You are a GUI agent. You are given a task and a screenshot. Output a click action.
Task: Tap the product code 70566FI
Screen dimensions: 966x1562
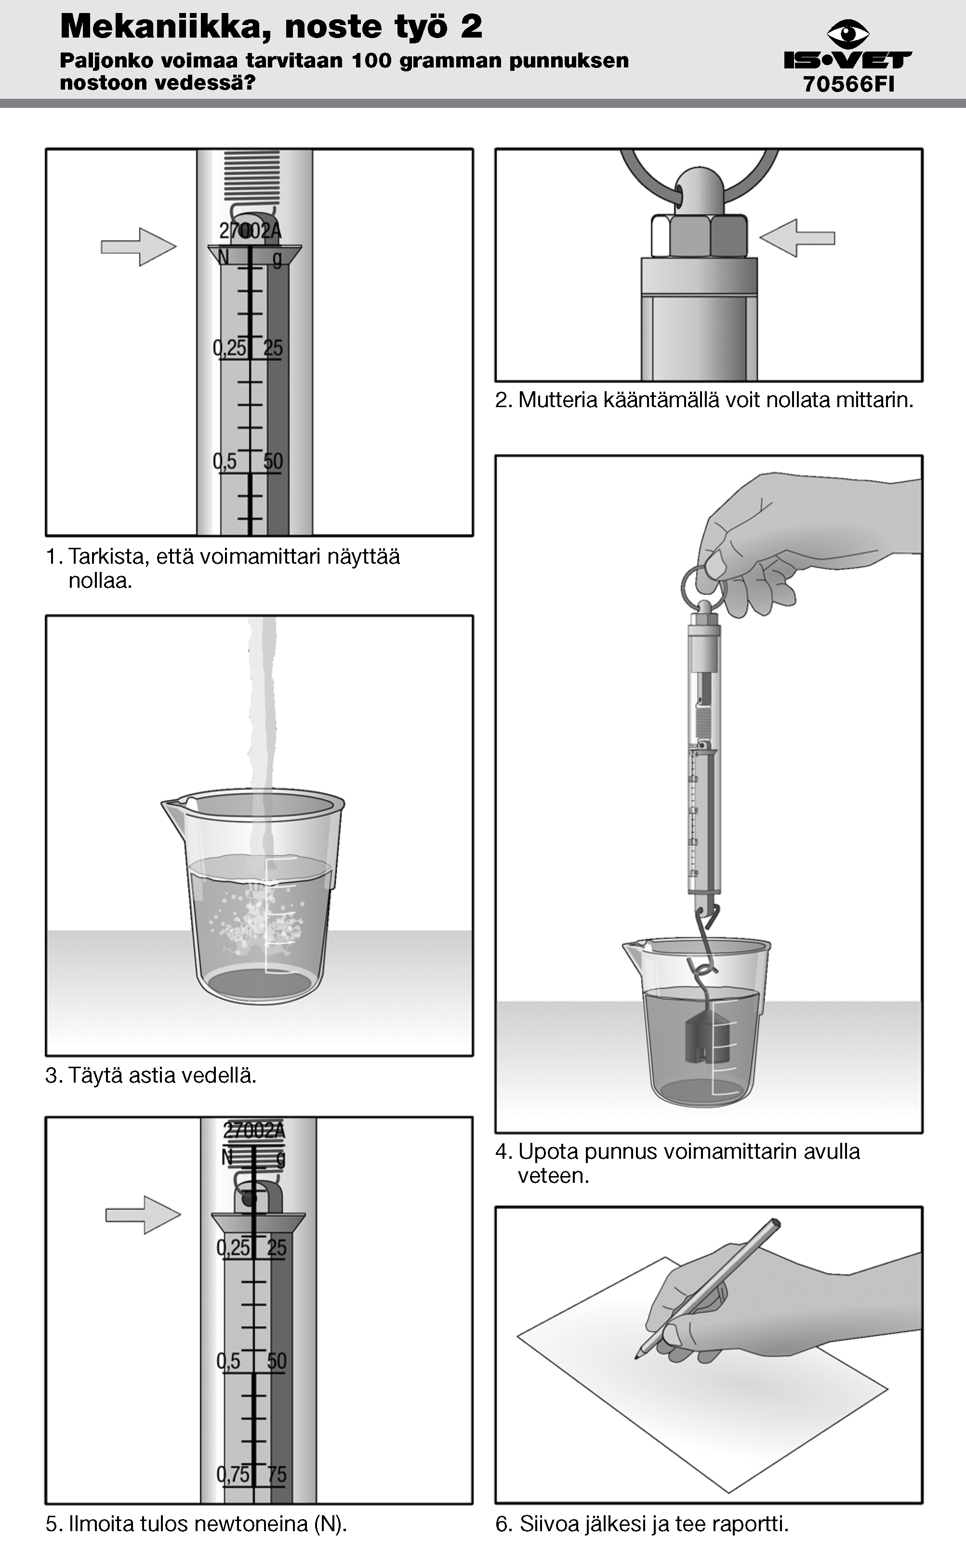[x=848, y=84]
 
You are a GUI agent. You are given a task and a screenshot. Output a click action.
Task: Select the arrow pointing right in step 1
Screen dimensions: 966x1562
[x=139, y=247]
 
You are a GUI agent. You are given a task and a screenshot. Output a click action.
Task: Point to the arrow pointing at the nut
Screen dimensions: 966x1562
[x=797, y=238]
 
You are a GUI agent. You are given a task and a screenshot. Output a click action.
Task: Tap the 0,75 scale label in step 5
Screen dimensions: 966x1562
[x=233, y=1474]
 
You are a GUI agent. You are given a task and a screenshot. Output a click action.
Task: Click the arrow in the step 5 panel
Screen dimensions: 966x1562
[x=143, y=1215]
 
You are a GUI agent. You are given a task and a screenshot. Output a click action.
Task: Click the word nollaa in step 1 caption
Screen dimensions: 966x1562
[x=100, y=582]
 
